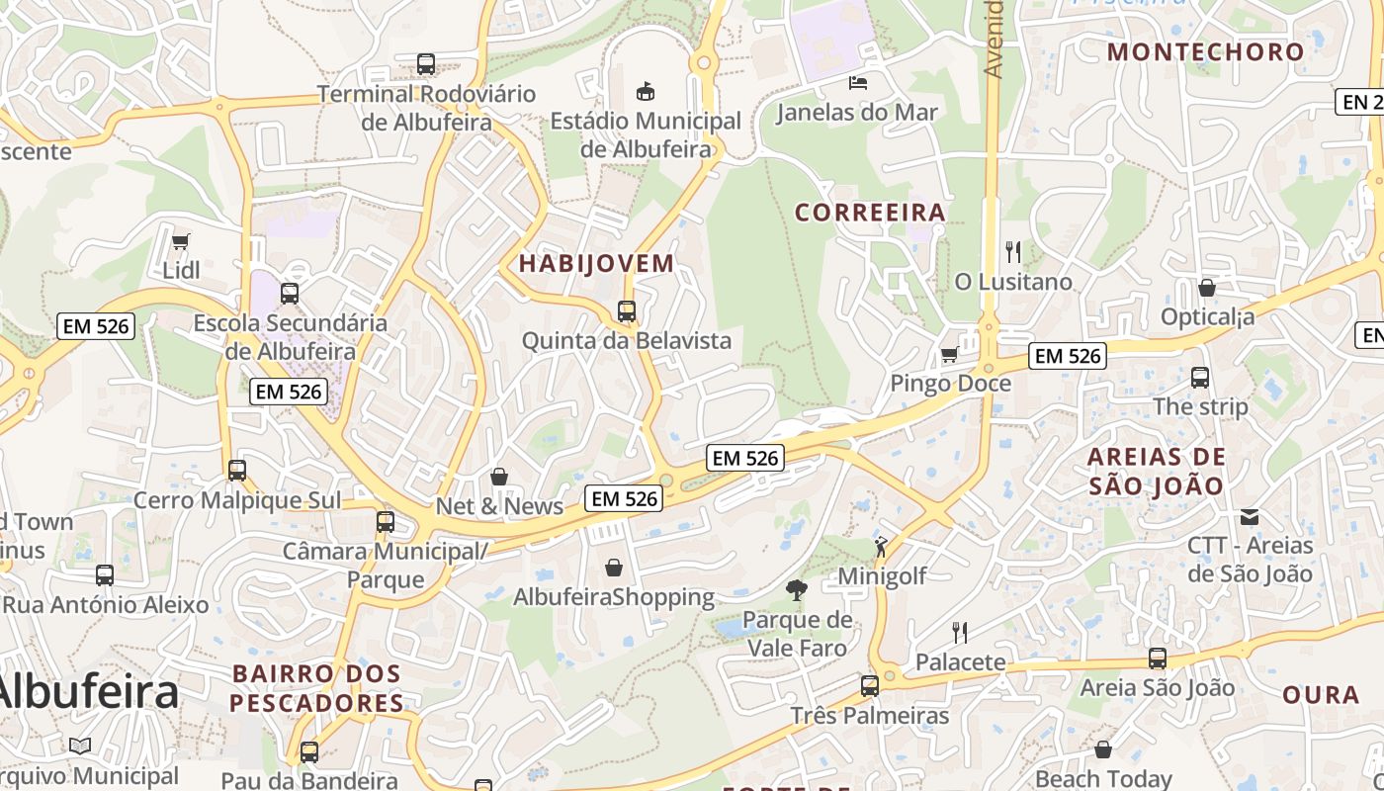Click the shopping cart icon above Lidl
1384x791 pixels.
pos(181,241)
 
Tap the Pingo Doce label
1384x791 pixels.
pos(950,383)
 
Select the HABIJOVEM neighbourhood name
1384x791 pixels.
pos(596,264)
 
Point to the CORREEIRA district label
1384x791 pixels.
pos(870,213)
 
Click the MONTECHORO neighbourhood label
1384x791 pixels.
pos(1206,52)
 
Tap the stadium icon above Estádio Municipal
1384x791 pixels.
pos(646,92)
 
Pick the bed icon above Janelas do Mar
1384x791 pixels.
pos(857,82)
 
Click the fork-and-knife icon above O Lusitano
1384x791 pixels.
pos(1012,252)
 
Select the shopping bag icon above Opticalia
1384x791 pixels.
pos(1206,288)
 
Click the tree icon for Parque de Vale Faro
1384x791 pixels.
pos(796,590)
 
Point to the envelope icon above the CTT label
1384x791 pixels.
pos(1250,516)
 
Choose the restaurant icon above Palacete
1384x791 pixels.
pos(959,632)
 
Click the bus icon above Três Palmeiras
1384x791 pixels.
pos(869,685)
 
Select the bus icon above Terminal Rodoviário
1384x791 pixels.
pos(426,64)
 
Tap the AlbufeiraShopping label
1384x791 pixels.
pos(614,597)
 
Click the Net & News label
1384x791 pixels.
pos(499,506)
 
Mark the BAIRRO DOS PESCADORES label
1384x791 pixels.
pos(316,688)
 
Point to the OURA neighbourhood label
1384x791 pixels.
pos(1321,695)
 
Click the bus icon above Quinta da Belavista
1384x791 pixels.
pos(626,311)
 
